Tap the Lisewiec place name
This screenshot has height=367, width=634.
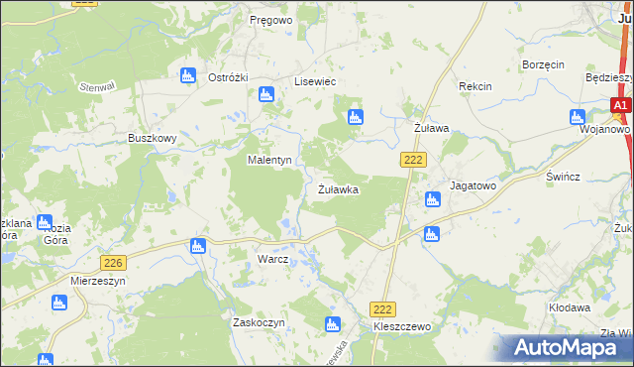(317, 82)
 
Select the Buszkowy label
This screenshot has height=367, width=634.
(152, 139)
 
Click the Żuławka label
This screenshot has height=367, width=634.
(338, 187)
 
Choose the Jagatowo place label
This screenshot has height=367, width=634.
(472, 185)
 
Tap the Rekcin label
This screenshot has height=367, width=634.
(475, 87)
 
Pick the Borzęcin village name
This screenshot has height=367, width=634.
(543, 64)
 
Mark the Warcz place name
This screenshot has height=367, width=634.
(272, 260)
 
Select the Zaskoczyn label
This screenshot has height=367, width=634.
(259, 323)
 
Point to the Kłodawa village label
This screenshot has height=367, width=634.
(570, 308)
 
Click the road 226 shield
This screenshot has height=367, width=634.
(113, 262)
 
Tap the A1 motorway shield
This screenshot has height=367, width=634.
(620, 105)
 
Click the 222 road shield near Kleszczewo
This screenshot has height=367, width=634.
(382, 310)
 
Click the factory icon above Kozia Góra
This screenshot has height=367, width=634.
(44, 223)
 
